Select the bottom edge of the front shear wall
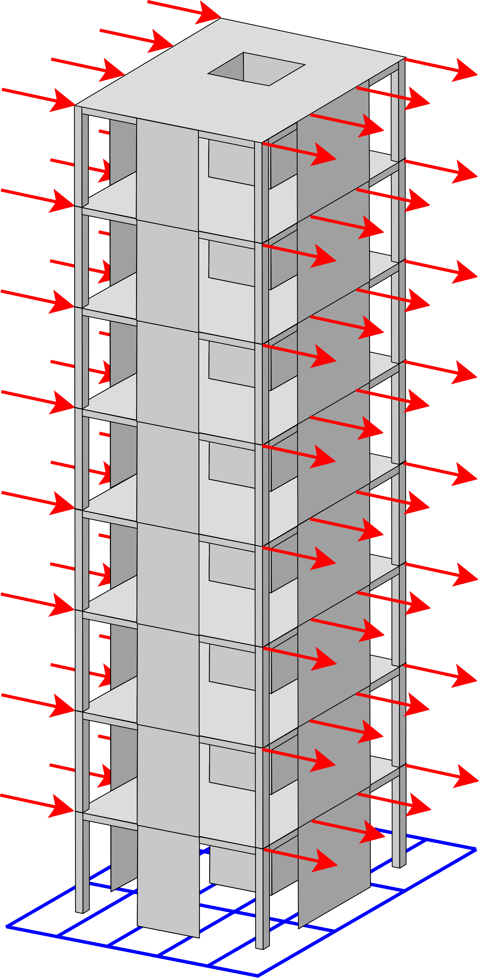tap(168, 932)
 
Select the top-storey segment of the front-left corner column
tap(78, 156)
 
